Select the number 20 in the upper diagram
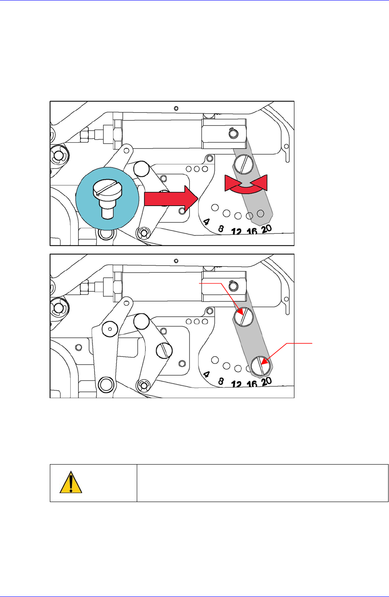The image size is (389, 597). pyautogui.click(x=266, y=229)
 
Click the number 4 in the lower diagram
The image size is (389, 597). pyautogui.click(x=207, y=375)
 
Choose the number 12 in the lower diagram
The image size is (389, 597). pyautogui.click(x=236, y=385)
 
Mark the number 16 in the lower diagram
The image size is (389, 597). pyautogui.click(x=252, y=384)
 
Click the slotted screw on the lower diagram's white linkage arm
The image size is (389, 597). pyautogui.click(x=164, y=350)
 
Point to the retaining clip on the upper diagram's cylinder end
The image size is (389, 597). pyautogui.click(x=232, y=133)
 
